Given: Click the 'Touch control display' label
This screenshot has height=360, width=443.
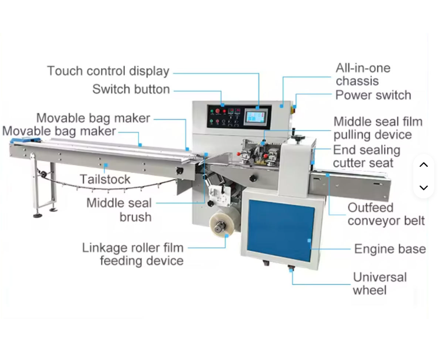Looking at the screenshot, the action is click(x=108, y=71).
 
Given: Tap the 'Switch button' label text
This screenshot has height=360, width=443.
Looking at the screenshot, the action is click(x=131, y=89).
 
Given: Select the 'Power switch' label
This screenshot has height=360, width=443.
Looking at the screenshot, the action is click(x=373, y=95).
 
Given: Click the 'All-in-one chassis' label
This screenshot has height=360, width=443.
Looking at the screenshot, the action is click(x=362, y=75).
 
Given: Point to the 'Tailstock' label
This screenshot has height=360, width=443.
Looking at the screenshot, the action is click(x=105, y=179).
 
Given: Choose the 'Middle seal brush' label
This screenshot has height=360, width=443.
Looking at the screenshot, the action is click(x=119, y=210).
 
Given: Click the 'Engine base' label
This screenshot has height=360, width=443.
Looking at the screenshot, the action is click(x=389, y=249).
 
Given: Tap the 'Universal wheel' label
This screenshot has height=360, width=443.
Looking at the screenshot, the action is click(x=379, y=284).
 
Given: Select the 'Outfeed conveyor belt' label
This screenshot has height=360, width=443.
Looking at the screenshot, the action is click(x=386, y=214).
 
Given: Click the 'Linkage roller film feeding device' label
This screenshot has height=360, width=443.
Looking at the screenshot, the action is click(x=133, y=254).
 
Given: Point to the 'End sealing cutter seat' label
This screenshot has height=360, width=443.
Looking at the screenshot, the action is click(x=367, y=157).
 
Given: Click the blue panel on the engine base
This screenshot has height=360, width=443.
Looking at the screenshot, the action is click(x=281, y=230).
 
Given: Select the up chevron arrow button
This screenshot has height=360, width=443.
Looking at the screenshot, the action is click(x=424, y=165).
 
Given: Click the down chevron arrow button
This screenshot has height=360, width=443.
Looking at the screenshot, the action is click(x=424, y=187).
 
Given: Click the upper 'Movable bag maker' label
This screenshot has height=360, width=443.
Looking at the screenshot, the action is click(x=93, y=118).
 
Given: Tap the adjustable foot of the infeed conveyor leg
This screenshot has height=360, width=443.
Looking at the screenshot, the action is click(x=37, y=215).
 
